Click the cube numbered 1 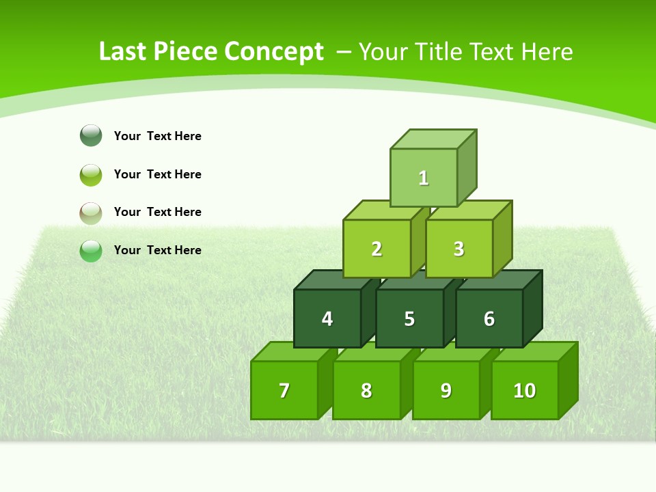(x=424, y=178)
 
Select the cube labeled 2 (x=377, y=249)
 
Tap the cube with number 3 (x=459, y=249)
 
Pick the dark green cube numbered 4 (x=327, y=318)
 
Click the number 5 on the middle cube (x=409, y=319)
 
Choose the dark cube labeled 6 (x=489, y=318)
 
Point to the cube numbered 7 (x=284, y=390)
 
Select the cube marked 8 (x=366, y=390)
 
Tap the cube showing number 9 (x=446, y=390)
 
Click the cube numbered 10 (x=524, y=390)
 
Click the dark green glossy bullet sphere (x=91, y=135)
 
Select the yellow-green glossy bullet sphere (x=91, y=174)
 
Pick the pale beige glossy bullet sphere (x=91, y=213)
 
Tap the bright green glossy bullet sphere (x=91, y=251)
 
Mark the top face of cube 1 (x=433, y=139)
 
